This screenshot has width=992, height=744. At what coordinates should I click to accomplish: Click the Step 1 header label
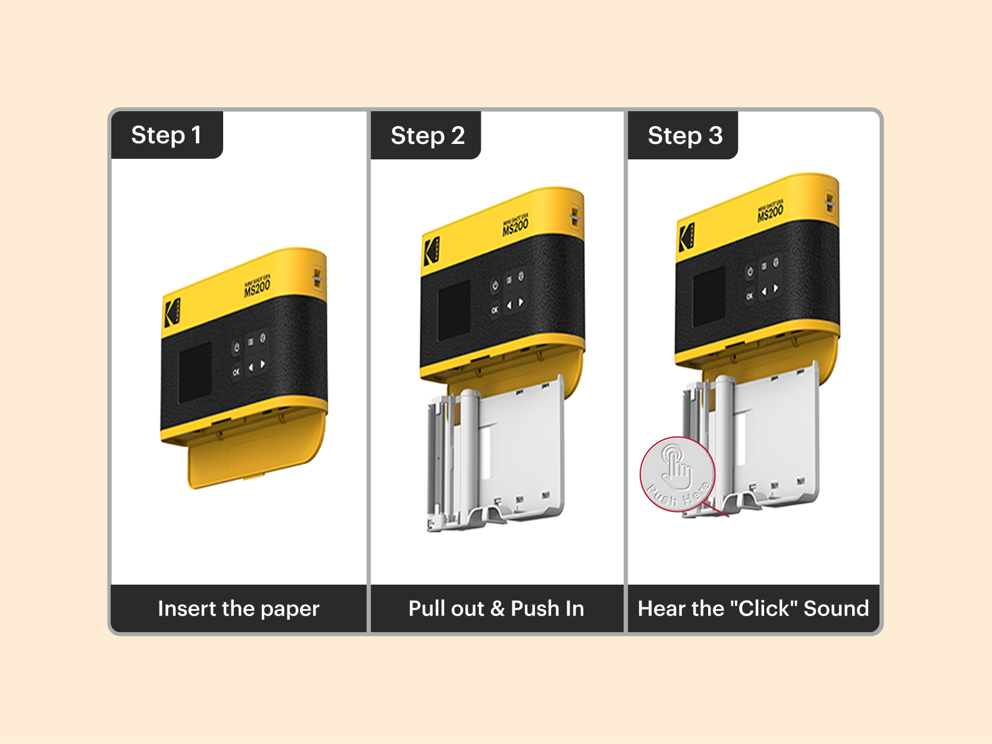pos(166,135)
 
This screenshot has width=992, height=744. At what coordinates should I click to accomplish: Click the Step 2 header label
pos(427,136)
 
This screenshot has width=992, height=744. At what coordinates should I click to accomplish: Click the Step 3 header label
pos(684,136)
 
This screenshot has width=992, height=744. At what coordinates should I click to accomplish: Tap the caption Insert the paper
pos(239,608)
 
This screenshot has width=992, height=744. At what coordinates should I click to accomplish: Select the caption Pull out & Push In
pos(496,608)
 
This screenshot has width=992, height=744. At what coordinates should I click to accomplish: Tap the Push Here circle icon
pos(677,474)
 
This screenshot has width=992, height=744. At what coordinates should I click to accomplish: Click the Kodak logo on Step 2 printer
pos(431,250)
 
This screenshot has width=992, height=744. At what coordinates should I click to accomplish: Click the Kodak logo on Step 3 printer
pos(687,237)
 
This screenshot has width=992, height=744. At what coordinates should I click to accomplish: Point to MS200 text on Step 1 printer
pos(257,288)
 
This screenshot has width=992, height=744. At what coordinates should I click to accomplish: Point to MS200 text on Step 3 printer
pos(770,212)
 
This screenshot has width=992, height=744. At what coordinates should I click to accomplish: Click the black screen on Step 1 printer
pos(195,372)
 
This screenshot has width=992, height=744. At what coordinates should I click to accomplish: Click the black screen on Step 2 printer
pos(454,310)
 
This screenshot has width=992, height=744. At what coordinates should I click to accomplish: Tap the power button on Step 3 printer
pos(750,272)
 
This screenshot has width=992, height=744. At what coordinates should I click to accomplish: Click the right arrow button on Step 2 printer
pos(521,303)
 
